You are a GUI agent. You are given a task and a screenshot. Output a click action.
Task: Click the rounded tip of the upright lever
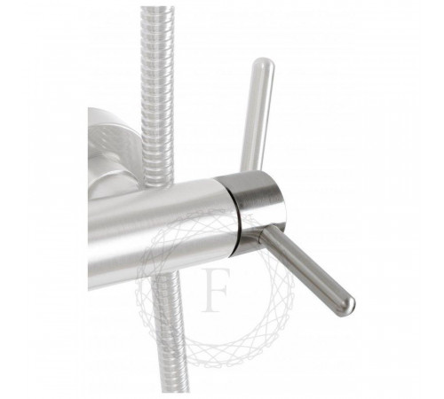point(264,63)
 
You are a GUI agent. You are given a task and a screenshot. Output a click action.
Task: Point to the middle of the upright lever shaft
point(257,115)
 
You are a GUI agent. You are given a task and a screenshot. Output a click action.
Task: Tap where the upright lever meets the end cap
point(250,171)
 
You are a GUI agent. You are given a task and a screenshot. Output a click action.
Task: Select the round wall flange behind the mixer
point(114,142)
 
